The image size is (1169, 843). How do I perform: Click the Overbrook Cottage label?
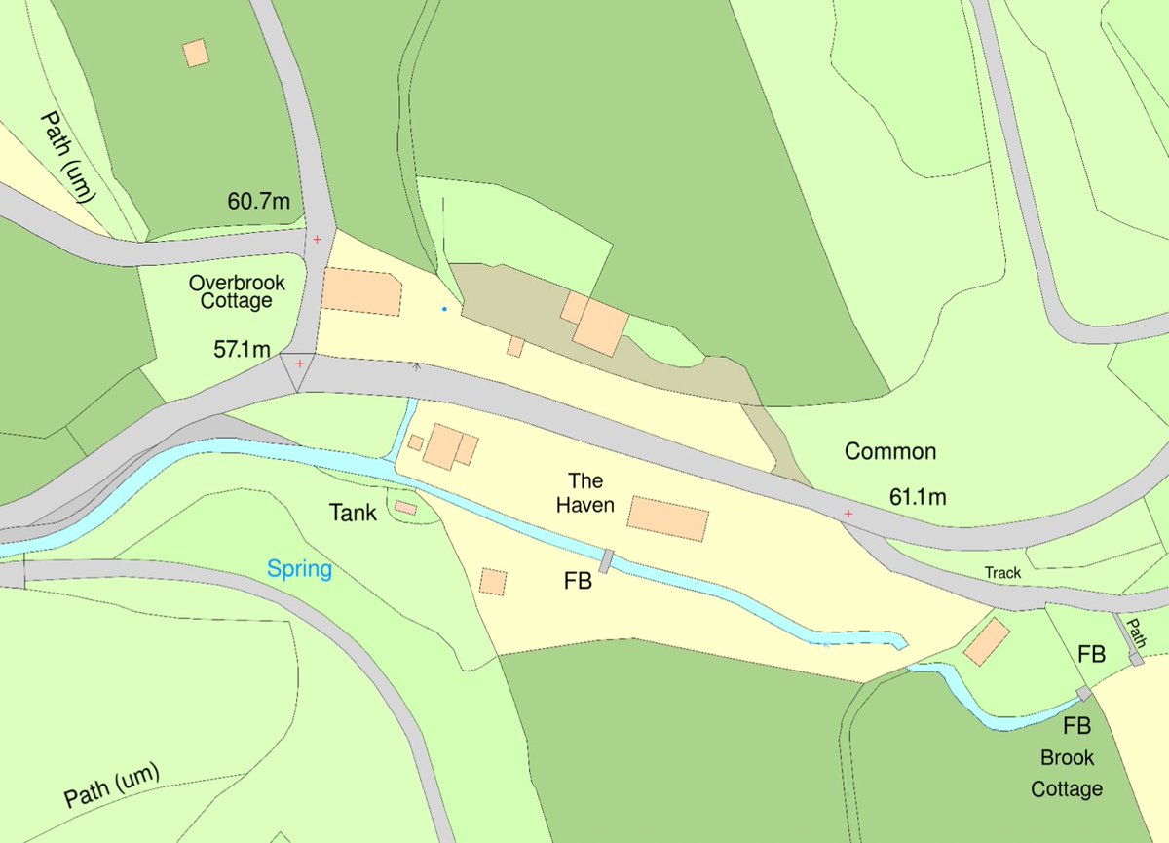coord(237,291)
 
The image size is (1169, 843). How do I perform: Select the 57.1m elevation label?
coord(242,349)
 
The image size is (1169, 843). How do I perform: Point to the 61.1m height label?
coord(918,497)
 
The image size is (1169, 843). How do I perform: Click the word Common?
coord(889,451)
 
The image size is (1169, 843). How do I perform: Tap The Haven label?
coord(586,492)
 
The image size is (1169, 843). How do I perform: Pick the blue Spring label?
coord(300,569)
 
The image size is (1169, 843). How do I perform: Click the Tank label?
coord(352,512)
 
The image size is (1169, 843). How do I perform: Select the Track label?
coord(1002,573)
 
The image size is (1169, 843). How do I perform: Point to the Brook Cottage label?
coord(1067,773)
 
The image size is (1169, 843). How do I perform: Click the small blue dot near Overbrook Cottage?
coord(444,309)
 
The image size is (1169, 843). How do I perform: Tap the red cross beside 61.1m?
coord(848,514)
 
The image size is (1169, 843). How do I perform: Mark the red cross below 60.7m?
coord(317,239)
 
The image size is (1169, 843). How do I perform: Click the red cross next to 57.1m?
coord(299,364)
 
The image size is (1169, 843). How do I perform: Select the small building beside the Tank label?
coord(405,508)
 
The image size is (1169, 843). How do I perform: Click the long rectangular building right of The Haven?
coord(667,518)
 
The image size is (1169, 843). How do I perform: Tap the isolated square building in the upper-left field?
coord(196,53)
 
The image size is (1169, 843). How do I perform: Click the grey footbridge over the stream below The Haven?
coord(607,560)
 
